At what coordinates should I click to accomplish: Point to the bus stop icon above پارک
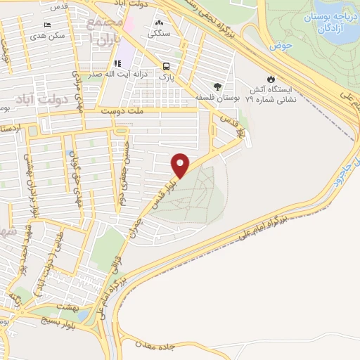166,61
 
